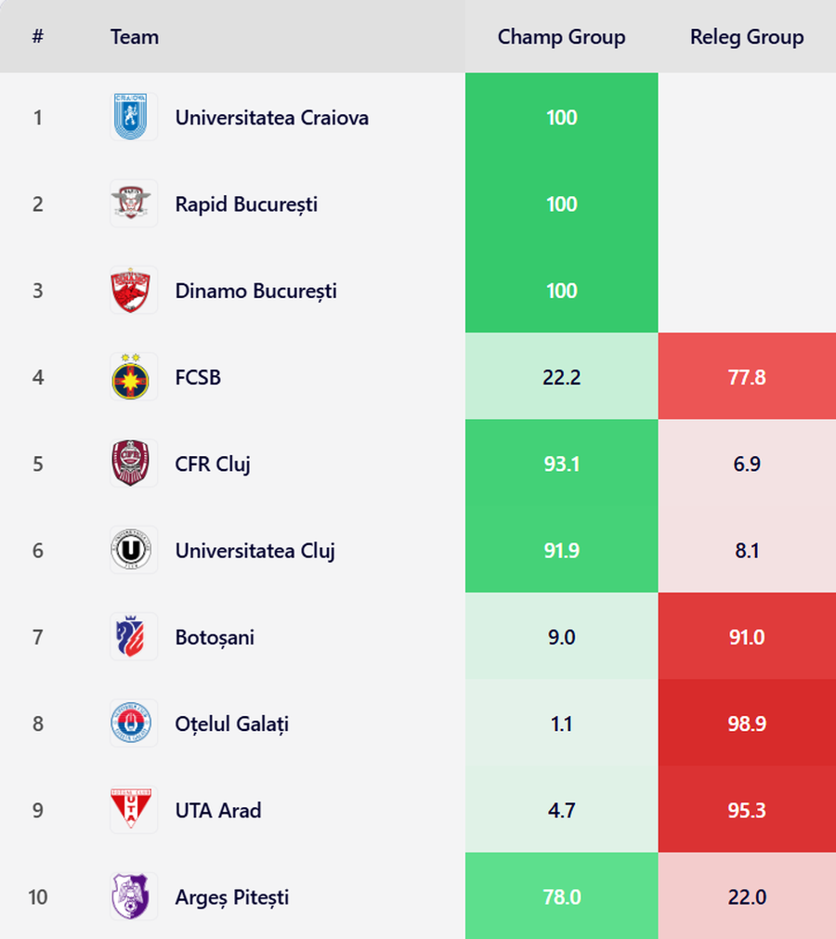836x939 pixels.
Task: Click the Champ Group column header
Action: pos(561,37)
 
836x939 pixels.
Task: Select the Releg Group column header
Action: pos(747,37)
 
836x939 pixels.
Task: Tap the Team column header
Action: pos(135,37)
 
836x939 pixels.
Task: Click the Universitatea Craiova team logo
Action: pos(133,117)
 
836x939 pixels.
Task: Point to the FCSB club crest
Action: pos(133,377)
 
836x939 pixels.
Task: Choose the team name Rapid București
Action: pos(246,204)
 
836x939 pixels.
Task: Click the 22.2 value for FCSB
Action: pos(561,377)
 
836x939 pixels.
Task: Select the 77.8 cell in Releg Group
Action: pos(747,377)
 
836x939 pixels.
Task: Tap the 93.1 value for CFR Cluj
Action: pos(561,463)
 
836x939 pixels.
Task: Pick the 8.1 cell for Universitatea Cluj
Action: pos(747,551)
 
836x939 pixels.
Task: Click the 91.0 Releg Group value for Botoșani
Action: pos(747,637)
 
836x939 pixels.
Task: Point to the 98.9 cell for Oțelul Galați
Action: pos(747,724)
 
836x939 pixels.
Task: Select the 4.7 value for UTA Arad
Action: pos(561,810)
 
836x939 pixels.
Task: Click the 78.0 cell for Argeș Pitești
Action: pos(561,897)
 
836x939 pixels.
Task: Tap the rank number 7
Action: pos(38,637)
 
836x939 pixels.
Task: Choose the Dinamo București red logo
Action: pos(133,291)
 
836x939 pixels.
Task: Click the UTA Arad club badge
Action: pos(133,810)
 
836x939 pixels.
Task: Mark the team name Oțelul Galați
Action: pos(232,724)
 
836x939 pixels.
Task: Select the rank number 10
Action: pos(38,897)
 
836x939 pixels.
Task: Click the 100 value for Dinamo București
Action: pos(561,291)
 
